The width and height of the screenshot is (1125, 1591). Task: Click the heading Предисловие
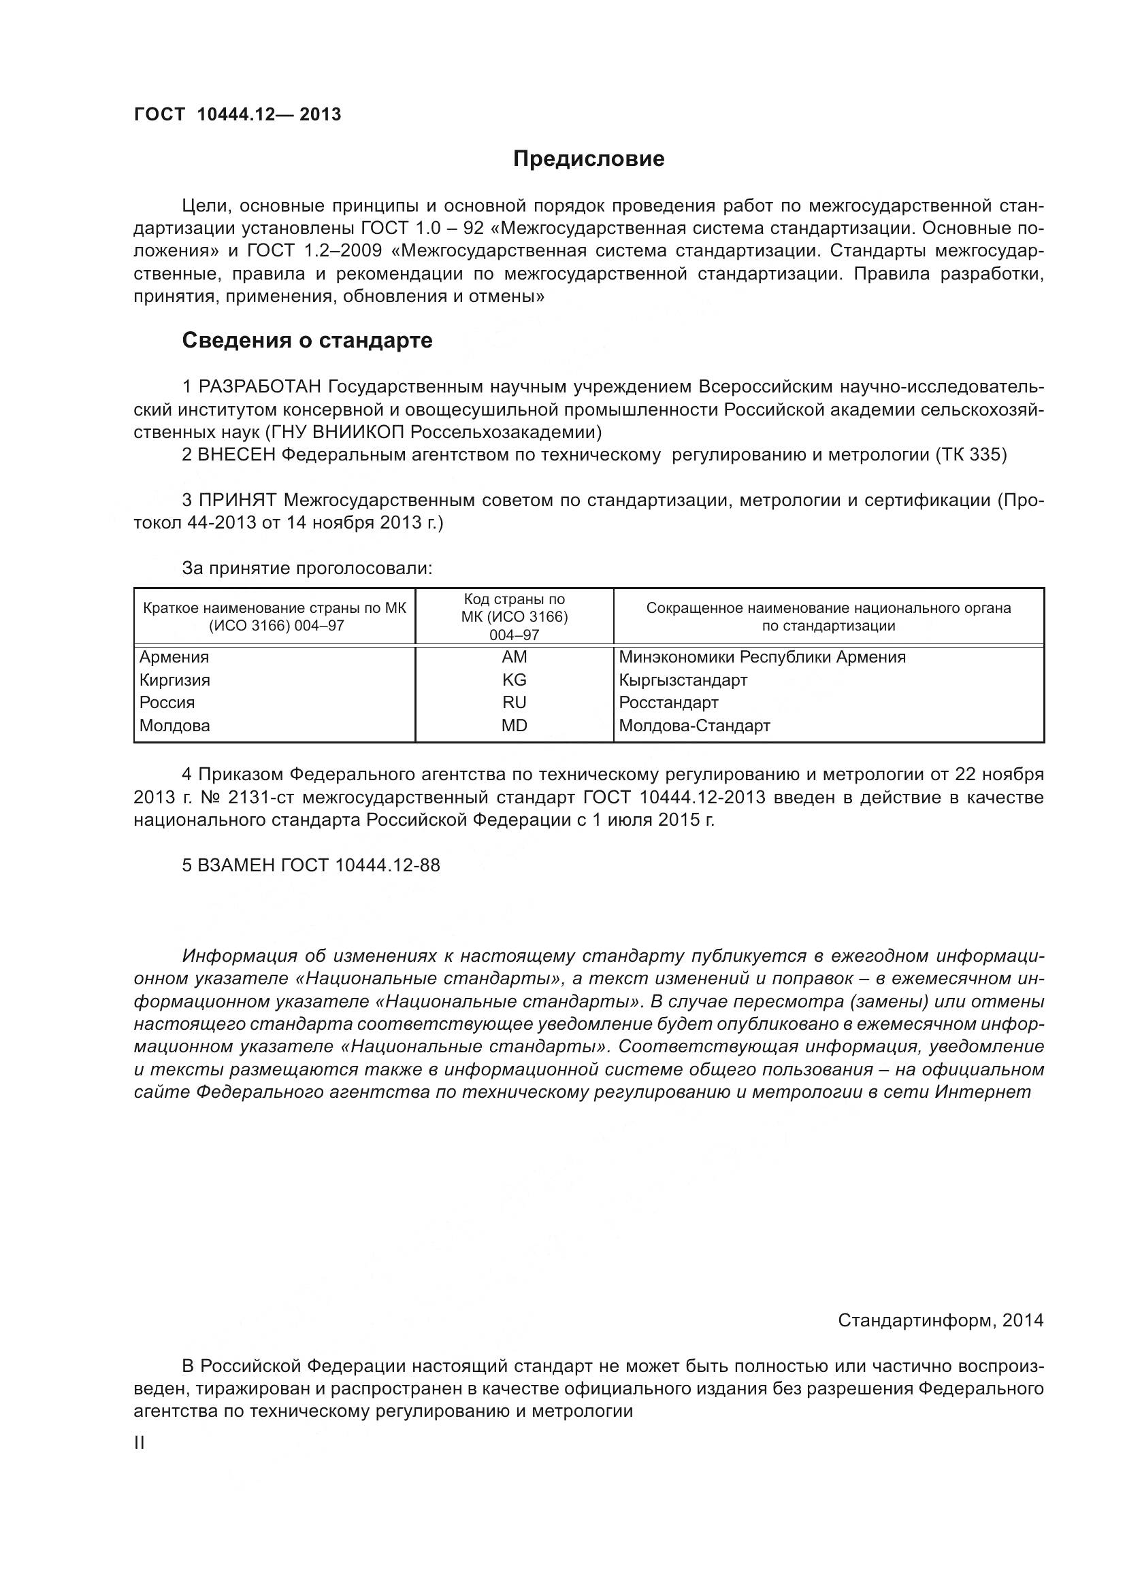pyautogui.click(x=588, y=159)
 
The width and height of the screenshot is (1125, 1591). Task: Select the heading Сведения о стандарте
pyautogui.click(x=307, y=340)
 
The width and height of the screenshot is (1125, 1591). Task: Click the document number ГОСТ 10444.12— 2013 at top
pyautogui.click(x=237, y=114)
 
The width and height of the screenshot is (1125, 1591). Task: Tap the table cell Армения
pyautogui.click(x=174, y=657)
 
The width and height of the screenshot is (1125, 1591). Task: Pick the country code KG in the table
pyautogui.click(x=514, y=680)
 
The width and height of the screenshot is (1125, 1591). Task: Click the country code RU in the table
pyautogui.click(x=514, y=703)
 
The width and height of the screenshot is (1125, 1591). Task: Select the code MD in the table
pyautogui.click(x=514, y=726)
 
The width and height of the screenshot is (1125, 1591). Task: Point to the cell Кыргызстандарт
pyautogui.click(x=683, y=680)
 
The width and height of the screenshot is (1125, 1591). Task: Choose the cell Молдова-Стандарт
pyautogui.click(x=694, y=726)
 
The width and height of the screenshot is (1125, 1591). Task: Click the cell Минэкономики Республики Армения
pyautogui.click(x=762, y=657)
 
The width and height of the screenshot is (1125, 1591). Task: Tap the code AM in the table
pyautogui.click(x=514, y=657)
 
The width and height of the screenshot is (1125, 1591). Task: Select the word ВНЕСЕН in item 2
pyautogui.click(x=236, y=455)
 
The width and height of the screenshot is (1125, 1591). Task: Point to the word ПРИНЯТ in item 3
pyautogui.click(x=238, y=501)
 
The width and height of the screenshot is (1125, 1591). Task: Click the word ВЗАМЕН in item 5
pyautogui.click(x=237, y=865)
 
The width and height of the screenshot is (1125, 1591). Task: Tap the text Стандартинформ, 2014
pyautogui.click(x=940, y=1321)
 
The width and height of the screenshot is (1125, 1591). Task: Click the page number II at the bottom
pyautogui.click(x=140, y=1443)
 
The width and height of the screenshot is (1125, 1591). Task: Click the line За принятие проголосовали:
pyautogui.click(x=307, y=569)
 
